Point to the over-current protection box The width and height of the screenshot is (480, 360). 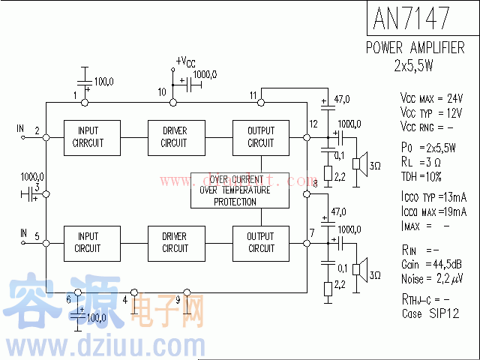[x=239, y=190]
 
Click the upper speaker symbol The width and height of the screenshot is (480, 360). [x=361, y=163]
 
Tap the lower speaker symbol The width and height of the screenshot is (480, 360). [x=361, y=268]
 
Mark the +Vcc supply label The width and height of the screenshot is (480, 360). [x=186, y=61]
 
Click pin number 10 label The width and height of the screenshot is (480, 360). [x=162, y=92]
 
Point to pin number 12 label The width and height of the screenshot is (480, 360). [x=313, y=124]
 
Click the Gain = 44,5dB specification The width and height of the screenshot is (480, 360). [x=430, y=265]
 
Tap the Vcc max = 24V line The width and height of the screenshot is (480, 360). [x=431, y=98]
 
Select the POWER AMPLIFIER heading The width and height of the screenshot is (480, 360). [x=415, y=48]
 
